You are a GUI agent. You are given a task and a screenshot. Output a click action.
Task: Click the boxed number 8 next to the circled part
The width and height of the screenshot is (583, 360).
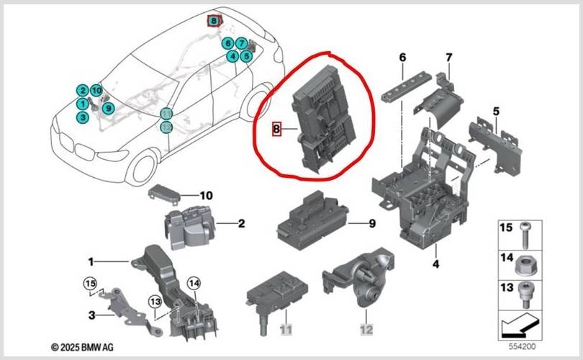(276, 130)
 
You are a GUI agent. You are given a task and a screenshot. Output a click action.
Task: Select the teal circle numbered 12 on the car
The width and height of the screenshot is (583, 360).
(166, 127)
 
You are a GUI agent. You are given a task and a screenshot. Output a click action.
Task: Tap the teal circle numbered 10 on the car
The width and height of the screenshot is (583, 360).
(96, 91)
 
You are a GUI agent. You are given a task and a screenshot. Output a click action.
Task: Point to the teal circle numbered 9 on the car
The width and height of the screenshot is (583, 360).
(108, 108)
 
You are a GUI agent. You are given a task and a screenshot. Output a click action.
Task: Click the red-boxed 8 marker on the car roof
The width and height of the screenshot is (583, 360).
(214, 21)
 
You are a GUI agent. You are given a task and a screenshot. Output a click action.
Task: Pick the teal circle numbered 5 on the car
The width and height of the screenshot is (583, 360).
(246, 55)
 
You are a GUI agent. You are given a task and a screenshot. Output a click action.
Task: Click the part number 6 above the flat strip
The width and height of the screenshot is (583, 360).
(402, 57)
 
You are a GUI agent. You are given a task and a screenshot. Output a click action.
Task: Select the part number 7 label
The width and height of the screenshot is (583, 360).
(448, 57)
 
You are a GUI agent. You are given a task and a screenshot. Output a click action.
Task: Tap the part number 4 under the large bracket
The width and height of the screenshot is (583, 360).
(435, 265)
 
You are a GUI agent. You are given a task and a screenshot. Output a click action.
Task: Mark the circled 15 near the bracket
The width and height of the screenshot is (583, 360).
(89, 282)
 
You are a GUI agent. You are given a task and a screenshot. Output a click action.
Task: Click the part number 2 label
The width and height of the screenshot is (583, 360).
(241, 224)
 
